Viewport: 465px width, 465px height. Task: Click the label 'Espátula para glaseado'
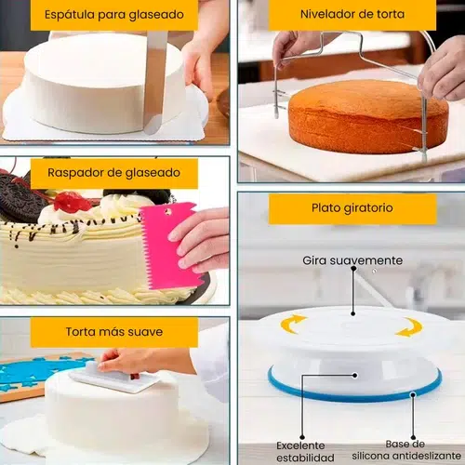coord(113,15)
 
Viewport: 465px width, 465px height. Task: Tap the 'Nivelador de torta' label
coord(352,15)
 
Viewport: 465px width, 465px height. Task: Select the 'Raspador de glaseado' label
coord(113,173)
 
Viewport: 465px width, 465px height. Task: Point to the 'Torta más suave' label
coord(113,331)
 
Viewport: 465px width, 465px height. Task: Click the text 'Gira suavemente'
coord(352,260)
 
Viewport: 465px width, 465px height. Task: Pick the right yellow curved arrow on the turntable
coord(409,326)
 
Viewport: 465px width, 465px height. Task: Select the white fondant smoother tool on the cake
coord(113,376)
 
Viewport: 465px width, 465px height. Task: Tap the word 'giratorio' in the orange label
coord(370,208)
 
